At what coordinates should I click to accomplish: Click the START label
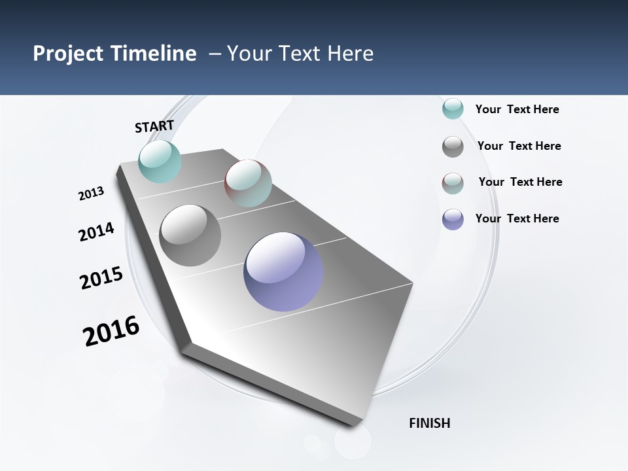[154, 126]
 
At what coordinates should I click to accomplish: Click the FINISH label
[430, 423]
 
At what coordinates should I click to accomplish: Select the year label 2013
[92, 194]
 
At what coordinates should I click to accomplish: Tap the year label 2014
[96, 232]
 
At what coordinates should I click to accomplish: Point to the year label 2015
[101, 278]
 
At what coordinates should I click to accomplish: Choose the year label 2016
[111, 331]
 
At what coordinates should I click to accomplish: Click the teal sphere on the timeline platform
[160, 162]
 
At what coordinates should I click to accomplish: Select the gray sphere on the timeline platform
[190, 235]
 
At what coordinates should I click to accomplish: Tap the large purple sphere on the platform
[283, 271]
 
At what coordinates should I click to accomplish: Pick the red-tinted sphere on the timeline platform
[248, 183]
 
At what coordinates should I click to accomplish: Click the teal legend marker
[453, 109]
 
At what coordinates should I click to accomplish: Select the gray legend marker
[453, 147]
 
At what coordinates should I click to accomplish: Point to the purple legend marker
[453, 219]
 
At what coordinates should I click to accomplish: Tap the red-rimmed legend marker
[453, 183]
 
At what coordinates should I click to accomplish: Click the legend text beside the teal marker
[517, 109]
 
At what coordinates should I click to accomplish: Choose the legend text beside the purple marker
[517, 218]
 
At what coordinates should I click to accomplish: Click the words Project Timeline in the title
[114, 54]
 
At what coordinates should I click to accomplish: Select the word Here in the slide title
[350, 54]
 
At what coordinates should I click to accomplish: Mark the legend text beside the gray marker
[519, 146]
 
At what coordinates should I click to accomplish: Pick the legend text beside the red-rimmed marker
[520, 182]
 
